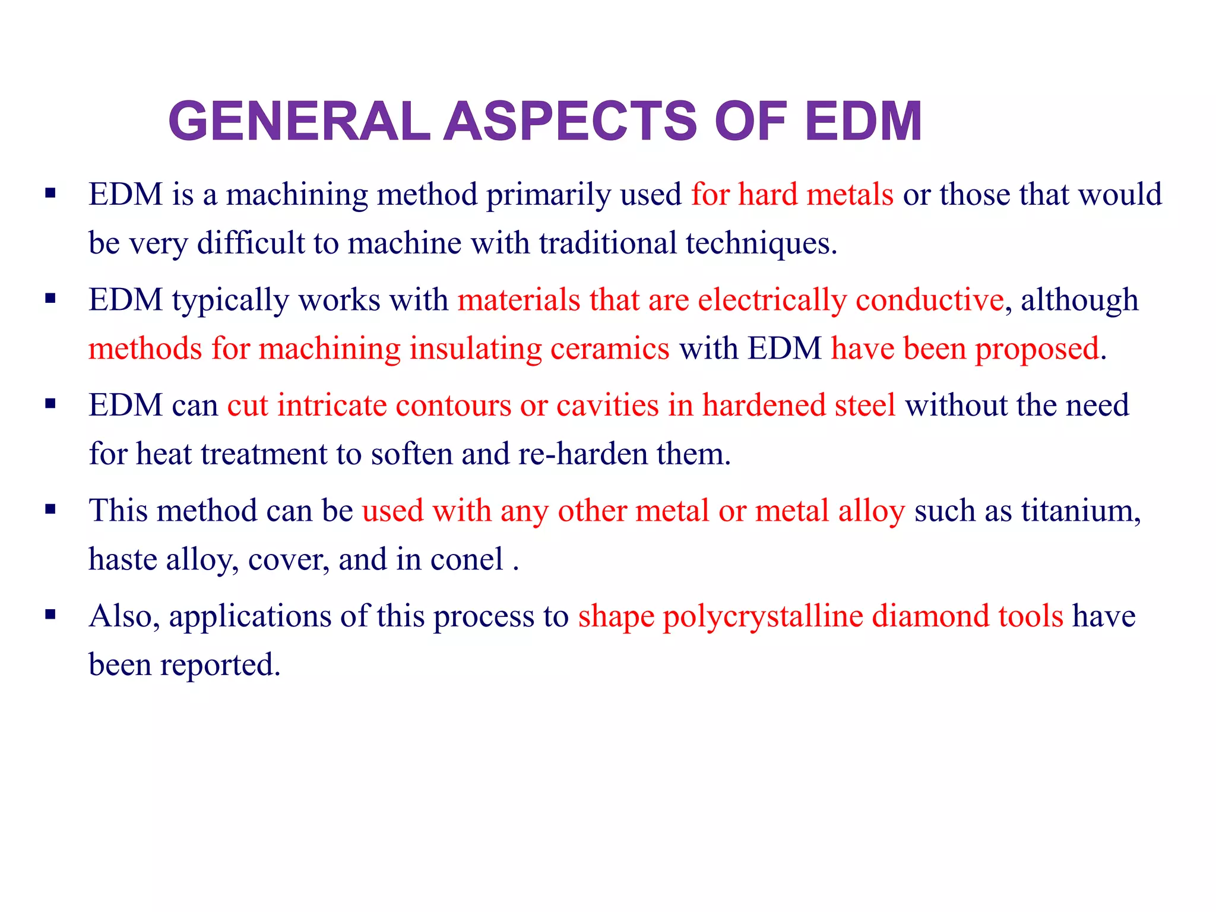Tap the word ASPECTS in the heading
(x=570, y=121)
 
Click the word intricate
(x=332, y=406)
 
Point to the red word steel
(x=865, y=406)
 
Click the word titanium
(x=1081, y=511)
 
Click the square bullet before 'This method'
(x=50, y=510)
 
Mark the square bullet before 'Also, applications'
(x=50, y=615)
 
